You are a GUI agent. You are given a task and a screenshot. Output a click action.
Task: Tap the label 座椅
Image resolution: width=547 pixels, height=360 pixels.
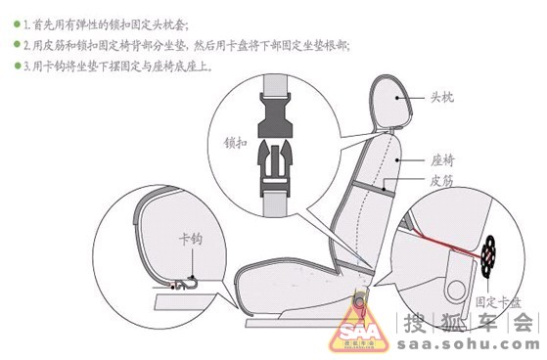443,158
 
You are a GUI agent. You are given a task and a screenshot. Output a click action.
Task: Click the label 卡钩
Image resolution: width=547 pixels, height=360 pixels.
190,239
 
